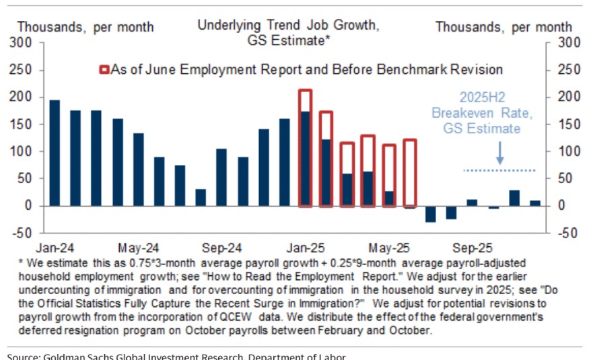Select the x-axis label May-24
(x=138, y=246)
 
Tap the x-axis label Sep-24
(x=222, y=246)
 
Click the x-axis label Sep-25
(x=472, y=246)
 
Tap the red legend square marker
(x=104, y=69)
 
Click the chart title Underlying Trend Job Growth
(x=288, y=26)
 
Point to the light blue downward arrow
(x=499, y=154)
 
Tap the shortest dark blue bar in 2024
(x=201, y=197)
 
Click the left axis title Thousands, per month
(x=85, y=28)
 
